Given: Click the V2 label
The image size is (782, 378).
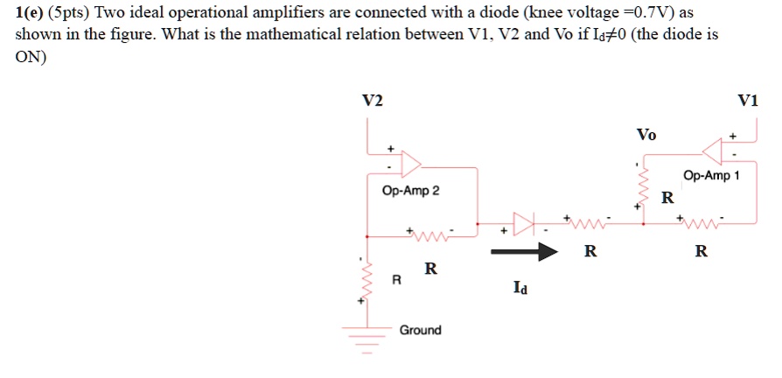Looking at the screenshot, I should (373, 101).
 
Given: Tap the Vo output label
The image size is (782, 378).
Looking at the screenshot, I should (646, 135).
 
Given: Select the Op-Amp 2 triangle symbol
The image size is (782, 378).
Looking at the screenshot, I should (410, 164).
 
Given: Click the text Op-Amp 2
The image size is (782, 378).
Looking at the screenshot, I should (411, 191).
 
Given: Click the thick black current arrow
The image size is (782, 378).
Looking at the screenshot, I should (524, 252).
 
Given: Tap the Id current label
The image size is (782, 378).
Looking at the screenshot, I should (521, 286).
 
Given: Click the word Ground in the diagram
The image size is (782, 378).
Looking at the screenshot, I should (420, 330).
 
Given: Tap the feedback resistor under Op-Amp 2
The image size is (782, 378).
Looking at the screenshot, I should (429, 235).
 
